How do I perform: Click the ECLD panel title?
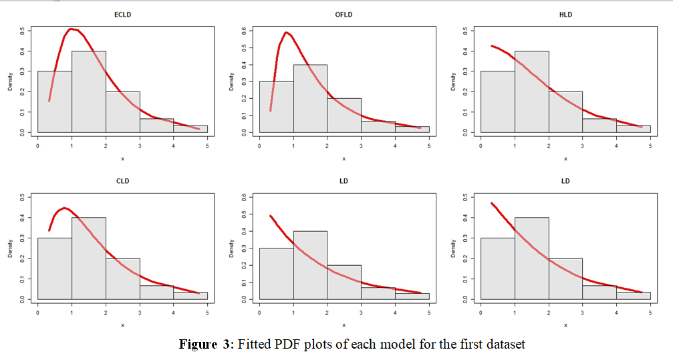tap(122, 14)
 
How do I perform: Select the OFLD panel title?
tap(344, 14)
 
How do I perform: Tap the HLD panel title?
tap(565, 14)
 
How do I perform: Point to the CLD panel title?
tap(122, 181)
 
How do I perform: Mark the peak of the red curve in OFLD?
tap(287, 32)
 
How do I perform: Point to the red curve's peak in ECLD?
tap(72, 29)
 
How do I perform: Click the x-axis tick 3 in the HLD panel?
tap(582, 146)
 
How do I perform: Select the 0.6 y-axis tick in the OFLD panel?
tap(244, 30)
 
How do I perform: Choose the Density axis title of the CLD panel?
tap(11, 248)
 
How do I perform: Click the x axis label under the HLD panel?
tap(565, 158)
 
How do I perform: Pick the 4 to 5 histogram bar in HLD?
tap(633, 129)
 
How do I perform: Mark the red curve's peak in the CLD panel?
tap(64, 208)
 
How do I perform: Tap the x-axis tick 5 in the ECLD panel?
tap(207, 146)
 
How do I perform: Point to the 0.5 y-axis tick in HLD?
tap(465, 30)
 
